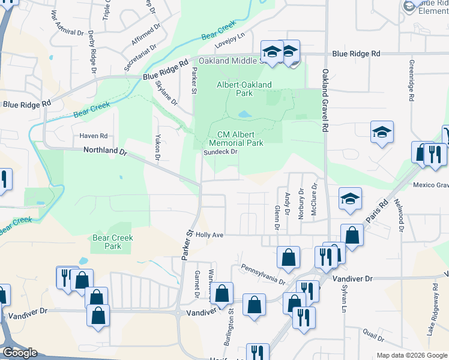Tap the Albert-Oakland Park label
(x=244, y=89)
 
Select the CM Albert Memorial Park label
(x=236, y=139)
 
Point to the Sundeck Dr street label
(x=220, y=152)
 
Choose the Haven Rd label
(x=93, y=136)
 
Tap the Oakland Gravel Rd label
(x=325, y=101)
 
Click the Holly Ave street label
(x=209, y=236)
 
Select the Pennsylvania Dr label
(x=262, y=274)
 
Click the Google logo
(x=20, y=352)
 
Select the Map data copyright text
(x=411, y=355)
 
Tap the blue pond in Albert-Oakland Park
(x=244, y=113)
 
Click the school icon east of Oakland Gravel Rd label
(x=381, y=133)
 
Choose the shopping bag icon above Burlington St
(x=222, y=293)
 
